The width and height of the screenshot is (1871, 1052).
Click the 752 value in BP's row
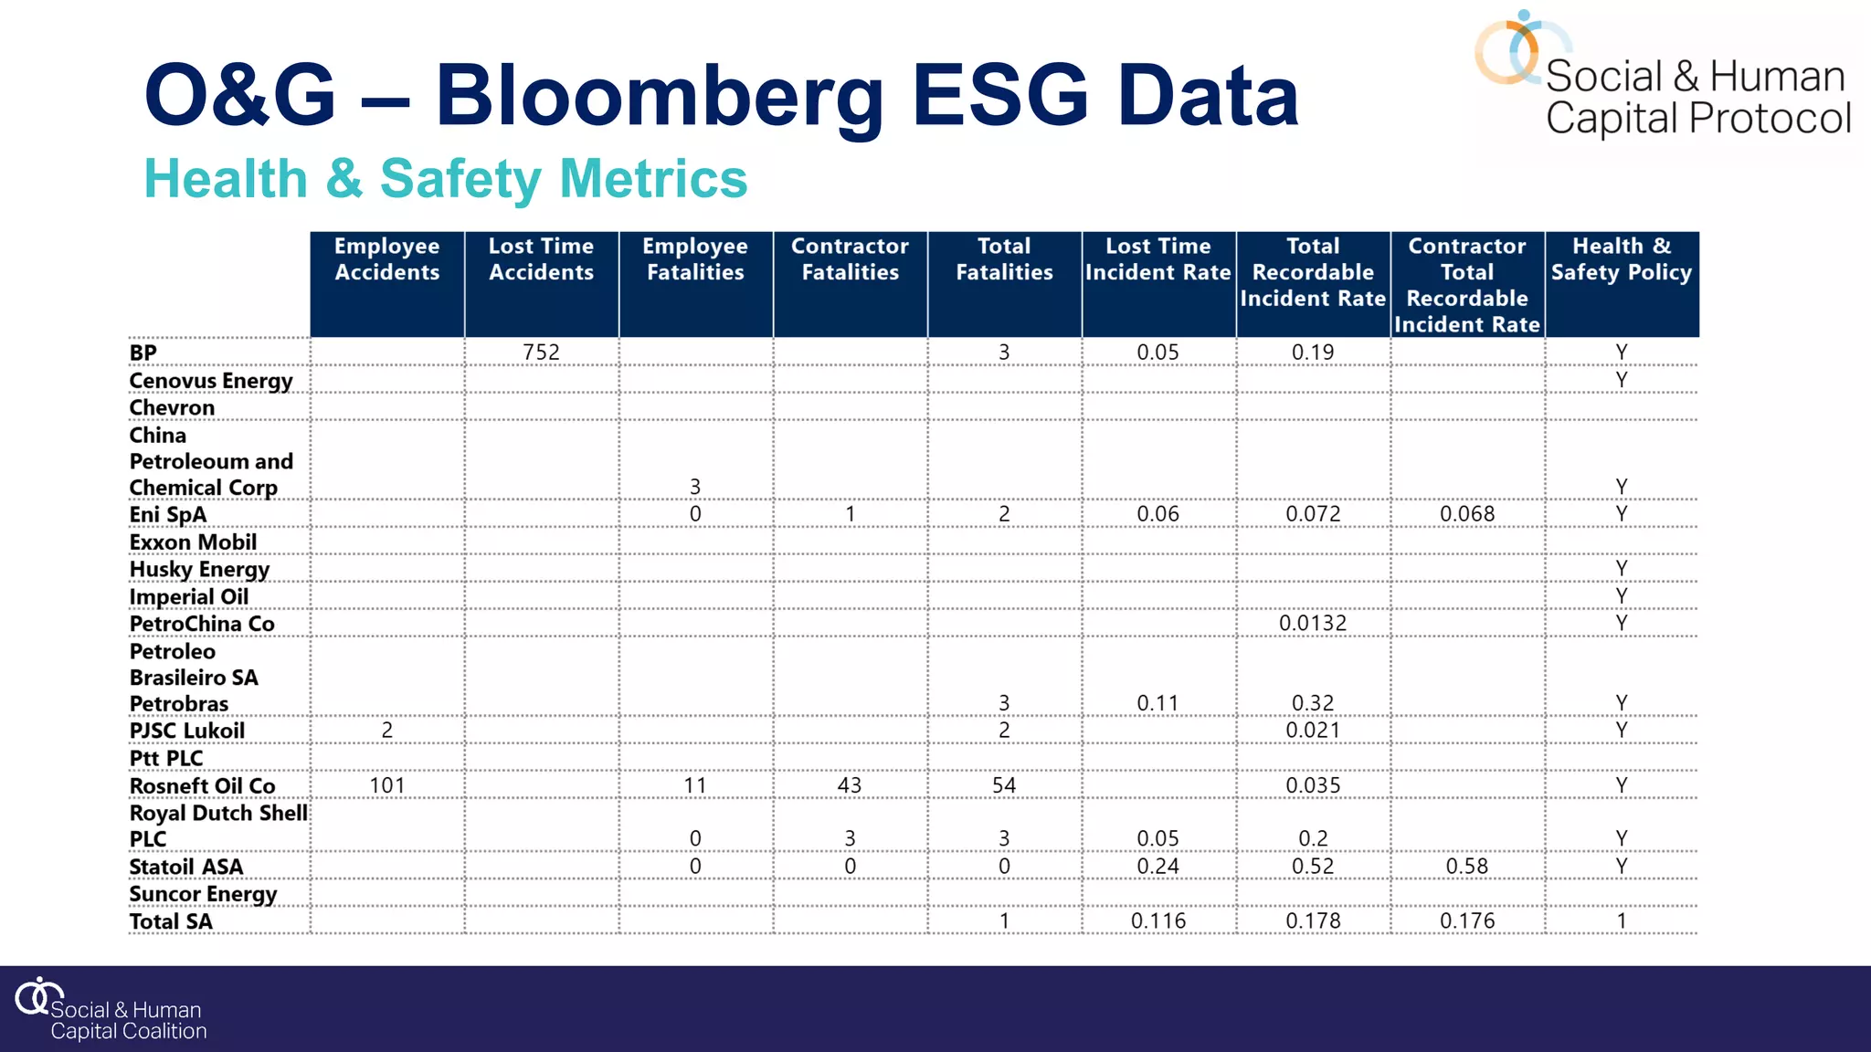[x=541, y=352]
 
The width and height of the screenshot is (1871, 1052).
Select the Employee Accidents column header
[x=386, y=259]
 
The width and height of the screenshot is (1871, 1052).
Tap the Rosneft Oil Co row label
[x=202, y=786]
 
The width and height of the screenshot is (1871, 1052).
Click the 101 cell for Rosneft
[x=386, y=785]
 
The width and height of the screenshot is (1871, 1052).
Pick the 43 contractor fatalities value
[x=850, y=785]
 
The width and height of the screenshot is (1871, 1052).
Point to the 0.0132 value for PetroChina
[x=1312, y=624]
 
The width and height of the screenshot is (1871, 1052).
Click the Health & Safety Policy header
[x=1621, y=259]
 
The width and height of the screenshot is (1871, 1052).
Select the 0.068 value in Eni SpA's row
[x=1466, y=514]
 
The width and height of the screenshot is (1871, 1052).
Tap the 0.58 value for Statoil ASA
[x=1466, y=867]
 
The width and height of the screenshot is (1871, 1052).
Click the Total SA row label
[x=171, y=921]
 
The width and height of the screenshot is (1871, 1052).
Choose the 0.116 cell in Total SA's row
[x=1157, y=921]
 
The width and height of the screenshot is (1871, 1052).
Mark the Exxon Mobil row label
[x=193, y=542]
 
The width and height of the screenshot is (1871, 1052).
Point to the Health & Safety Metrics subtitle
[x=446, y=178]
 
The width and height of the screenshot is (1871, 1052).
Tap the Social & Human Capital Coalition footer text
[x=128, y=1021]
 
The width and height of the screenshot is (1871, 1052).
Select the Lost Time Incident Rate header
[x=1157, y=259]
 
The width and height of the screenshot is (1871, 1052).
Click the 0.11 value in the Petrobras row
[x=1157, y=703]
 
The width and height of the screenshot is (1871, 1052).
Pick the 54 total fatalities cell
[x=1003, y=785]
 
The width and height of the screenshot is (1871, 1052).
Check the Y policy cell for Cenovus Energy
[x=1621, y=380]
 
